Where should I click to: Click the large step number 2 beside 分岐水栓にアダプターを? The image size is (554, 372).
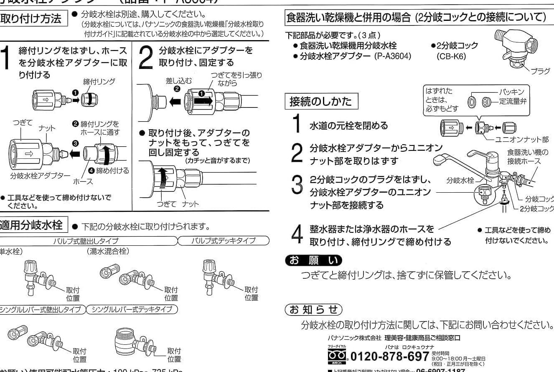point(145,57)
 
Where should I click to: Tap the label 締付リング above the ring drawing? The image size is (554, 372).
point(99,82)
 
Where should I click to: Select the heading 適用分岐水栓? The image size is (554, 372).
point(32,226)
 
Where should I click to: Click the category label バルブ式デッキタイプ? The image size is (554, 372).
point(223,241)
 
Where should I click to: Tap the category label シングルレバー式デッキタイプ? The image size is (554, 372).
point(132,309)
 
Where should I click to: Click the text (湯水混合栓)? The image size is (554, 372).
point(108,252)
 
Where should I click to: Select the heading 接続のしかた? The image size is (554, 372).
point(321,102)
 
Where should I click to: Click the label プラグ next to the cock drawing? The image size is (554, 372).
point(540,71)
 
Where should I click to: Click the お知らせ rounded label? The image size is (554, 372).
point(313,310)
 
